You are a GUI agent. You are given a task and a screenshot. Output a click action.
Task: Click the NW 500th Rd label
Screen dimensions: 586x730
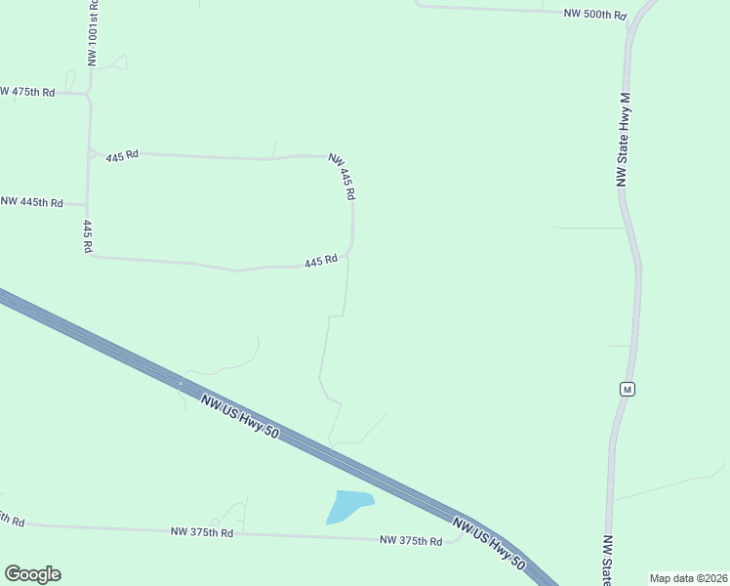[x=594, y=15]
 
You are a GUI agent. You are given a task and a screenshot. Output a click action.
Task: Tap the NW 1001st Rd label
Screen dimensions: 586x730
[x=93, y=32]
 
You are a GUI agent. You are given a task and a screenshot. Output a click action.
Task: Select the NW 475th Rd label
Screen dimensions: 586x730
[x=27, y=92]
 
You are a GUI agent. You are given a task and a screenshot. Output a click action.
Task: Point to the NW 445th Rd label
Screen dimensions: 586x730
[x=32, y=202]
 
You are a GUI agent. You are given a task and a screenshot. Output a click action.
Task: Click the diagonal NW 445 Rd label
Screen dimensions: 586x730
[x=342, y=177]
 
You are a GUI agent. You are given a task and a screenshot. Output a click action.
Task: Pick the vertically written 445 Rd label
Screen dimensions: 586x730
[x=88, y=236]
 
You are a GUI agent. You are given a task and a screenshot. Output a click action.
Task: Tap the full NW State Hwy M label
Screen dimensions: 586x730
[x=625, y=141]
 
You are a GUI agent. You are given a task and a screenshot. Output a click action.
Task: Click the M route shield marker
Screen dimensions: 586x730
[x=628, y=389]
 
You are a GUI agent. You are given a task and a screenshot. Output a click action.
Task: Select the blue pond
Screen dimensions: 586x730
[x=349, y=506]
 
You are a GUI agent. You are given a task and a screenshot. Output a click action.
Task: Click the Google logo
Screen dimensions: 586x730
[x=32, y=574]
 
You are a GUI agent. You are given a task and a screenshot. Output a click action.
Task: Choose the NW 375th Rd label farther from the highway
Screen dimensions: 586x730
[x=202, y=532]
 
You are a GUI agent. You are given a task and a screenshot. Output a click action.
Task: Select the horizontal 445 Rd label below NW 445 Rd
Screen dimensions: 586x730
[x=321, y=262]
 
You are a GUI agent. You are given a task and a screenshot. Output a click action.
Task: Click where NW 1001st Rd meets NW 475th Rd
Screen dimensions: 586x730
[x=90, y=94]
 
